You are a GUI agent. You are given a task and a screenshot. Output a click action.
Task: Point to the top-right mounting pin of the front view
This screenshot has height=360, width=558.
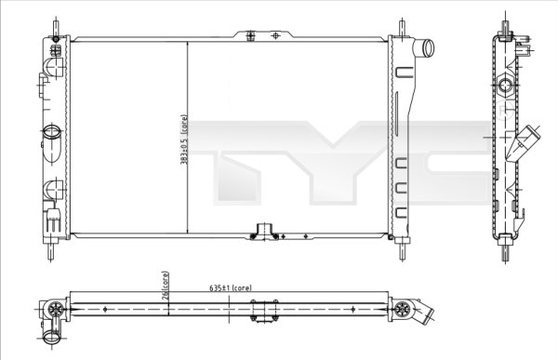(401, 25)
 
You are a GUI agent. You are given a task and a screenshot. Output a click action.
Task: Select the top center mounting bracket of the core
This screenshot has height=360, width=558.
(264, 34)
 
